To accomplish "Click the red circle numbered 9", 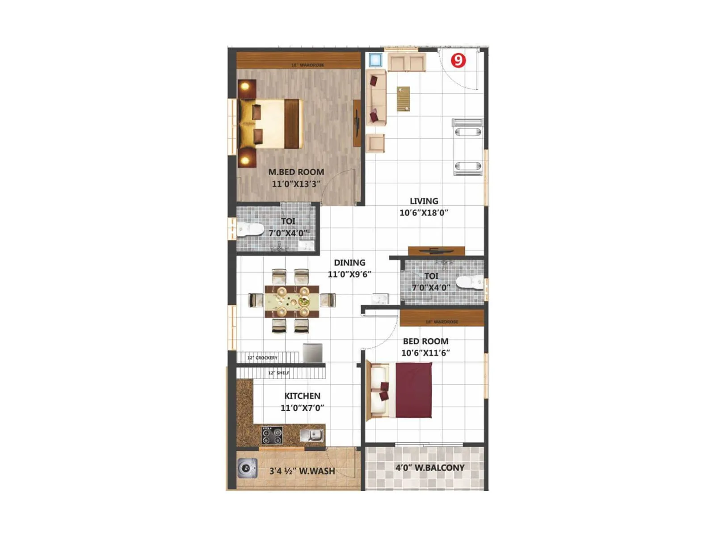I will [458, 60].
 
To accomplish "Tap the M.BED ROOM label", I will [296, 172].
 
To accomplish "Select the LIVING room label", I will [424, 201].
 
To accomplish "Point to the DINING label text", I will [349, 263].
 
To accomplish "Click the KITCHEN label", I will [302, 396].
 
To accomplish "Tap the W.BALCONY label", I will [430, 468].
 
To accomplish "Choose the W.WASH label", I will [302, 471].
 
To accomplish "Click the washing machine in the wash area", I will [247, 469].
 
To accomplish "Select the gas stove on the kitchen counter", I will [272, 434].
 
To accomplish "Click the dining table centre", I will [292, 301].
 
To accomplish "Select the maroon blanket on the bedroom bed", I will [414, 390].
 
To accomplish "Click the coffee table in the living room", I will [403, 99].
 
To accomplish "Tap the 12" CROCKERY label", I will [262, 358].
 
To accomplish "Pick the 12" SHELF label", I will [278, 373].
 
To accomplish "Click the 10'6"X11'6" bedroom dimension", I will [425, 353].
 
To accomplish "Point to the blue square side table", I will [375, 60].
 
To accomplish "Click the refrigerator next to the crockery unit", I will [312, 352].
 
